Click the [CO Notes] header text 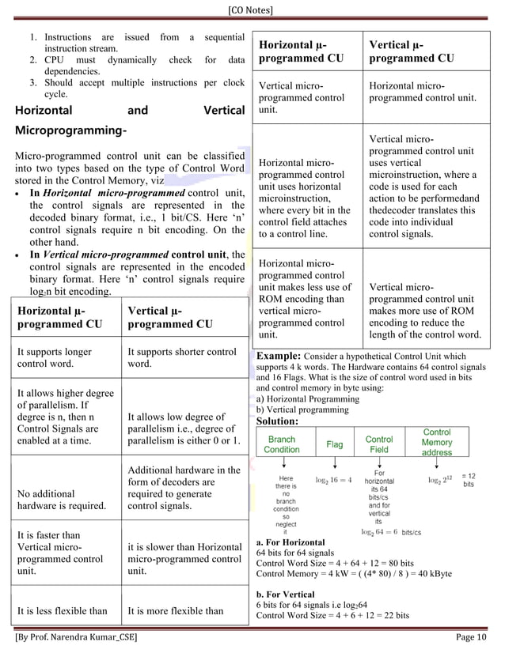pyautogui.click(x=252, y=9)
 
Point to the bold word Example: pyautogui.click(x=278, y=356)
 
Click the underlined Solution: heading pyautogui.click(x=277, y=421)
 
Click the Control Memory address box pyautogui.click(x=437, y=443)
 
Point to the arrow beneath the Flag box pyautogui.click(x=335, y=464)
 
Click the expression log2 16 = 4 pyautogui.click(x=333, y=480)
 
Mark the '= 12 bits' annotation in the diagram pyautogui.click(x=468, y=479)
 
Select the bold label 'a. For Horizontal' pyautogui.click(x=290, y=542)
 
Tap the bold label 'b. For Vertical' pyautogui.click(x=286, y=594)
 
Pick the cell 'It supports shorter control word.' pyautogui.click(x=181, y=358)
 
